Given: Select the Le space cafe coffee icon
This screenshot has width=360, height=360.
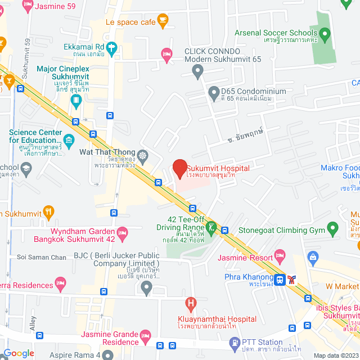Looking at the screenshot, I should point(163,21).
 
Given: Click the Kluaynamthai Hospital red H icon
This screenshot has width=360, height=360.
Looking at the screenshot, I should point(191,305).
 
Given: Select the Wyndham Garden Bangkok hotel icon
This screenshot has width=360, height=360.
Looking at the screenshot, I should point(122,232).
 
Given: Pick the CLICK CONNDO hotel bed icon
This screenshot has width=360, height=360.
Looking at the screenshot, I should point(166,53).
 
